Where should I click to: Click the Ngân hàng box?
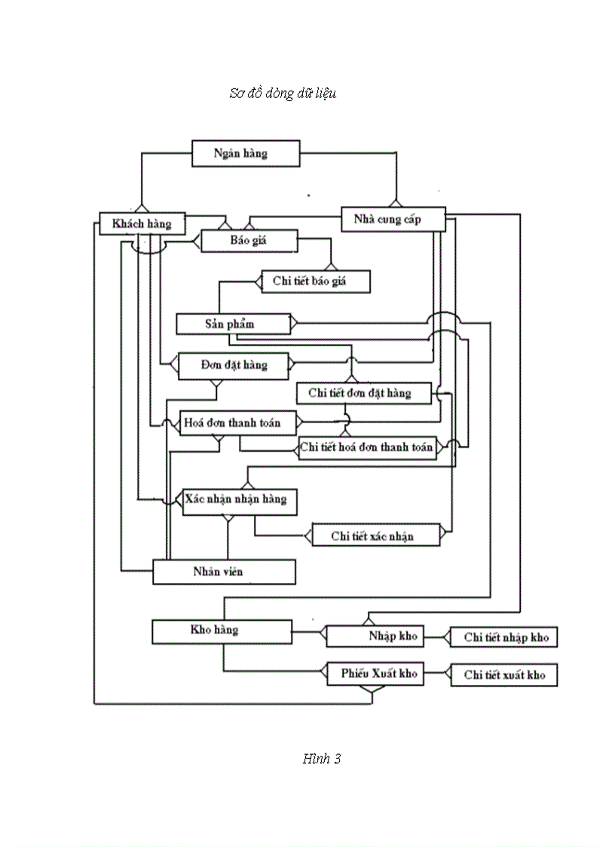pos(246,153)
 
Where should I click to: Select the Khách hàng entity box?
pos(142,223)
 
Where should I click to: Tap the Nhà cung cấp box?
pos(393,219)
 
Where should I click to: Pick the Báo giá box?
pos(249,242)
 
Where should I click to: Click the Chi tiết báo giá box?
pos(316,281)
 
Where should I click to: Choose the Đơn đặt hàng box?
pos(234,365)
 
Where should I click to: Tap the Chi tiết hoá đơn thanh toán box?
pos(367,447)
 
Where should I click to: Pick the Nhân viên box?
pos(223,572)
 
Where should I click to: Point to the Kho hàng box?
pos(222,631)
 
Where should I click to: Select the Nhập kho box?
pos(374,636)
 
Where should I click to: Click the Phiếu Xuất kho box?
pos(375,674)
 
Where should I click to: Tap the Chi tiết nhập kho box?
pos(503,637)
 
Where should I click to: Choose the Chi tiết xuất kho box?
pos(503,675)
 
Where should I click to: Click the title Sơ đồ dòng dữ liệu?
pos(283,94)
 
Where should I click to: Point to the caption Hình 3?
pos(322,759)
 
